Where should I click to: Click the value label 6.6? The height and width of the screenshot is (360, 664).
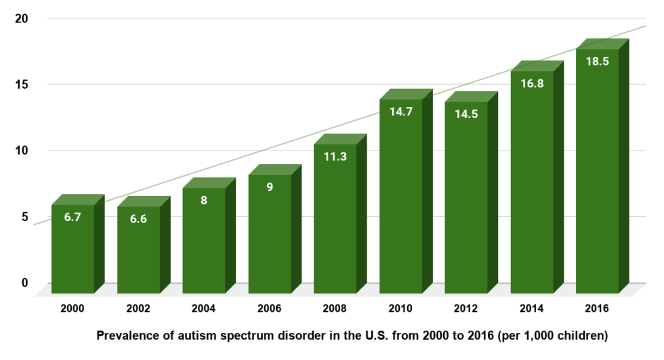point(138,218)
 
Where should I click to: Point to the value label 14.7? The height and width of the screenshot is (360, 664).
point(400,112)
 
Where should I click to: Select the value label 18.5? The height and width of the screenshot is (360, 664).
point(597,61)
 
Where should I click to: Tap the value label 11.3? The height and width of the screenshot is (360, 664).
point(335,157)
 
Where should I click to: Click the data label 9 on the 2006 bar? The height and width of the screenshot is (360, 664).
point(270,186)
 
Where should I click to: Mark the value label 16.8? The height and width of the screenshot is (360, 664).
point(532,84)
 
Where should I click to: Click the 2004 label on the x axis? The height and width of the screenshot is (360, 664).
point(203,308)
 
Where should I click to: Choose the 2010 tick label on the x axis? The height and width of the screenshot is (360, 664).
point(400,308)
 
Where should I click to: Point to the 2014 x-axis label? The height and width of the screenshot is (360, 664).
point(532,308)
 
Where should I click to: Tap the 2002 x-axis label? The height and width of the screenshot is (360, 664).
point(138,308)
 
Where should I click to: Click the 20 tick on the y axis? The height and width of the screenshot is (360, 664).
point(22,18)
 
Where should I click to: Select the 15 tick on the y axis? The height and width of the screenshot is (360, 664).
point(22,84)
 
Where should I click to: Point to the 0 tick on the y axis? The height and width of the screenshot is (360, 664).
point(25,283)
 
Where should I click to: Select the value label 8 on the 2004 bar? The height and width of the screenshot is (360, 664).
point(204,200)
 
